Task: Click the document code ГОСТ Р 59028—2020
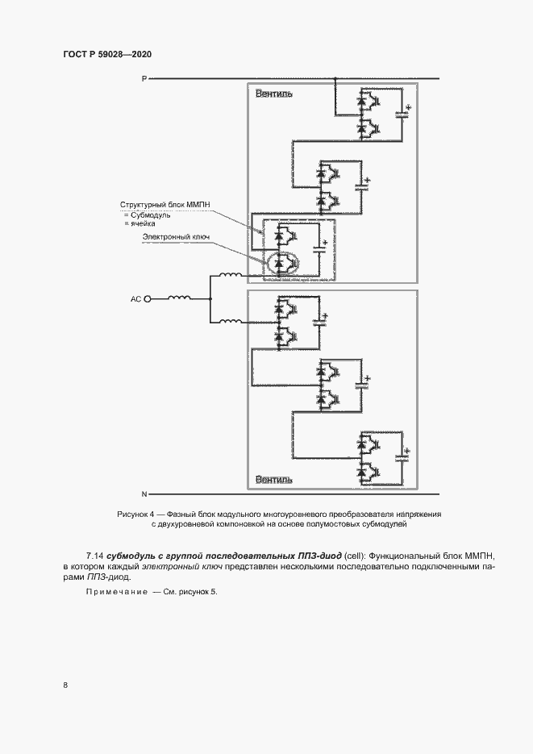coord(107,54)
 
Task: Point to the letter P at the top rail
coord(144,78)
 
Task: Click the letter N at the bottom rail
coord(144,494)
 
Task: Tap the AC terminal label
coord(136,299)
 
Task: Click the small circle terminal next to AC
coord(148,299)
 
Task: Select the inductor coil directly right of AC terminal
coord(179,298)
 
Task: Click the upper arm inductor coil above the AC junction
coord(231,275)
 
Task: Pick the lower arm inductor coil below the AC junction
coord(231,321)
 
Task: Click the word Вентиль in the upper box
coord(274,94)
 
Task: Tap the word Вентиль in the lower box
coord(274,480)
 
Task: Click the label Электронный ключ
coord(176,236)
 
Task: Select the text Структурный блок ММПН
coord(164,205)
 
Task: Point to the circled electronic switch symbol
coord(283,263)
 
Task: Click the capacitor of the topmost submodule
coord(402,114)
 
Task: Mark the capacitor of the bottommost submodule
coord(402,456)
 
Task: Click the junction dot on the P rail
coord(335,78)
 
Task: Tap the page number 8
coord(65,685)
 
